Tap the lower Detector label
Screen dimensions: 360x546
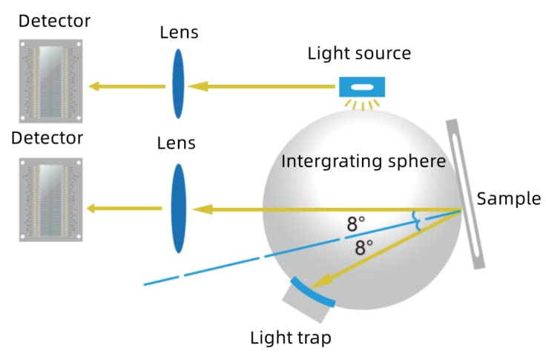click(51, 138)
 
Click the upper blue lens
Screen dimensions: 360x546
click(179, 83)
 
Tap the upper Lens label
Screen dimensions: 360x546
click(179, 33)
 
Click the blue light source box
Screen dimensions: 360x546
click(361, 88)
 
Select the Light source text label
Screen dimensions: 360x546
click(360, 53)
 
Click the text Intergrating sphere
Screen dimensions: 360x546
click(364, 160)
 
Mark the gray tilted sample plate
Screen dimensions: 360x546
click(466, 193)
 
